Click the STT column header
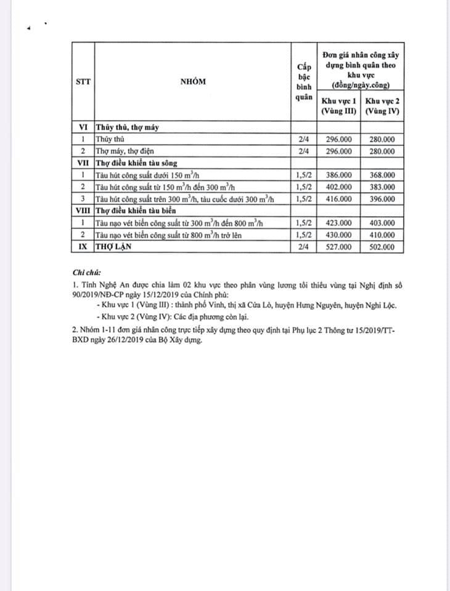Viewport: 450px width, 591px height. [83, 82]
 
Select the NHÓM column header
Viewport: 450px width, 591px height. [193, 82]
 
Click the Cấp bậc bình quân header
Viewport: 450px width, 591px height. [303, 81]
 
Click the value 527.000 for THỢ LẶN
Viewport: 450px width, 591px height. [339, 247]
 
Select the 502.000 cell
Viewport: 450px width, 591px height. [382, 247]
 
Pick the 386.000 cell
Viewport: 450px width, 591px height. [339, 175]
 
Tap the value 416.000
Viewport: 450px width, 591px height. [339, 199]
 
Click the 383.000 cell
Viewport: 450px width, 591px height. [382, 187]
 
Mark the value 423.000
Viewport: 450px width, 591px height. [339, 223]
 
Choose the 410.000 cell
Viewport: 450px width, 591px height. [382, 235]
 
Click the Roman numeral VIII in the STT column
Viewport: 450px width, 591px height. [83, 211]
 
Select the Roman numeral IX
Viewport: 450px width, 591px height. [83, 247]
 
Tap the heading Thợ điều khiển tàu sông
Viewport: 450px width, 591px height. [137, 163]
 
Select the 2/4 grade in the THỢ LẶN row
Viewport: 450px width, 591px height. [303, 247]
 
